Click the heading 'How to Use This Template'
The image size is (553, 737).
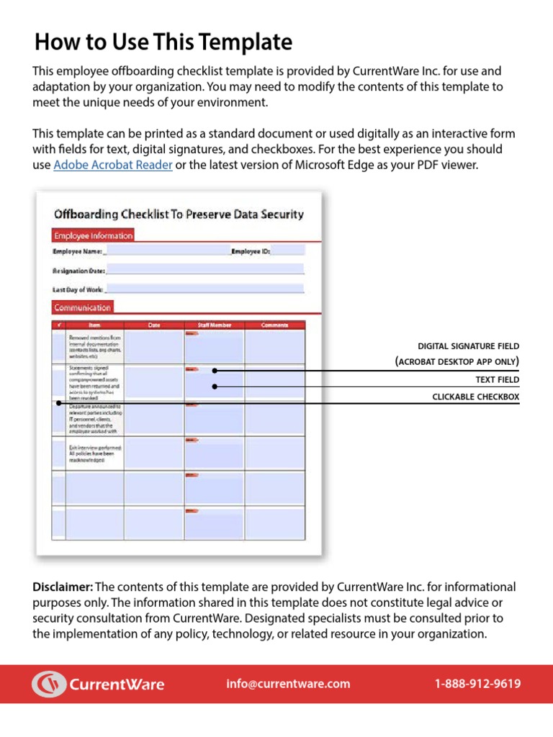point(163,42)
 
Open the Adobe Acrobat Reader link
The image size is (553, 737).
point(113,166)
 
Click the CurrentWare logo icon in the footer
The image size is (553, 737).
point(48,684)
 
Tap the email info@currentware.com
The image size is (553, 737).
point(288,684)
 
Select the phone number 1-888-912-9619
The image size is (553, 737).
point(477,684)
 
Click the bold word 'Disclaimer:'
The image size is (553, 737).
point(63,587)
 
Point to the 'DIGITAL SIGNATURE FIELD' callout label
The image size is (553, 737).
point(468,346)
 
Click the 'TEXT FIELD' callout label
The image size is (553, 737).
point(497,379)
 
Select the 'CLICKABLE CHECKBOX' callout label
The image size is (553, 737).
point(475,397)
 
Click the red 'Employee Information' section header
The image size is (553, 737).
point(93,235)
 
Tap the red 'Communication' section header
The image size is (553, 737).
point(82,307)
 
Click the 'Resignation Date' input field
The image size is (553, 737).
point(205,270)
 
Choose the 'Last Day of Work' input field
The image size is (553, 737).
point(204,289)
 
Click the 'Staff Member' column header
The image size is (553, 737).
point(214,325)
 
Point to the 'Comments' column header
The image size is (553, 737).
point(274,325)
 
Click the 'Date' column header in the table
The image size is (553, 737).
point(154,325)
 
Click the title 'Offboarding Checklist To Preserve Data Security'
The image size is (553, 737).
point(179,214)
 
